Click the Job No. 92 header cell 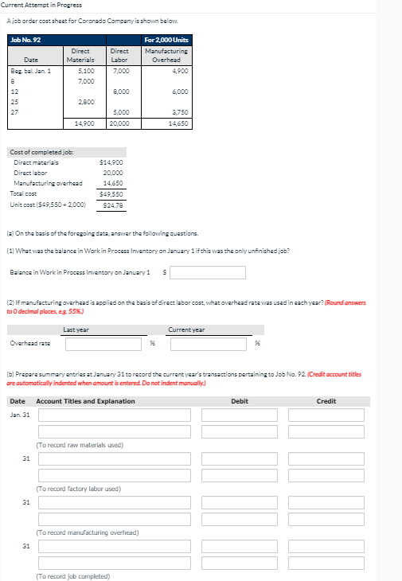[25, 39]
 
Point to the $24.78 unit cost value [112, 205]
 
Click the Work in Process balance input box [207, 273]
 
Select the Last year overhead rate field [105, 344]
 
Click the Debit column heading [239, 401]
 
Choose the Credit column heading [326, 401]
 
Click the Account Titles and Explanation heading [85, 401]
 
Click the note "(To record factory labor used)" [78, 488]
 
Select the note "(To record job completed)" [73, 575]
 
